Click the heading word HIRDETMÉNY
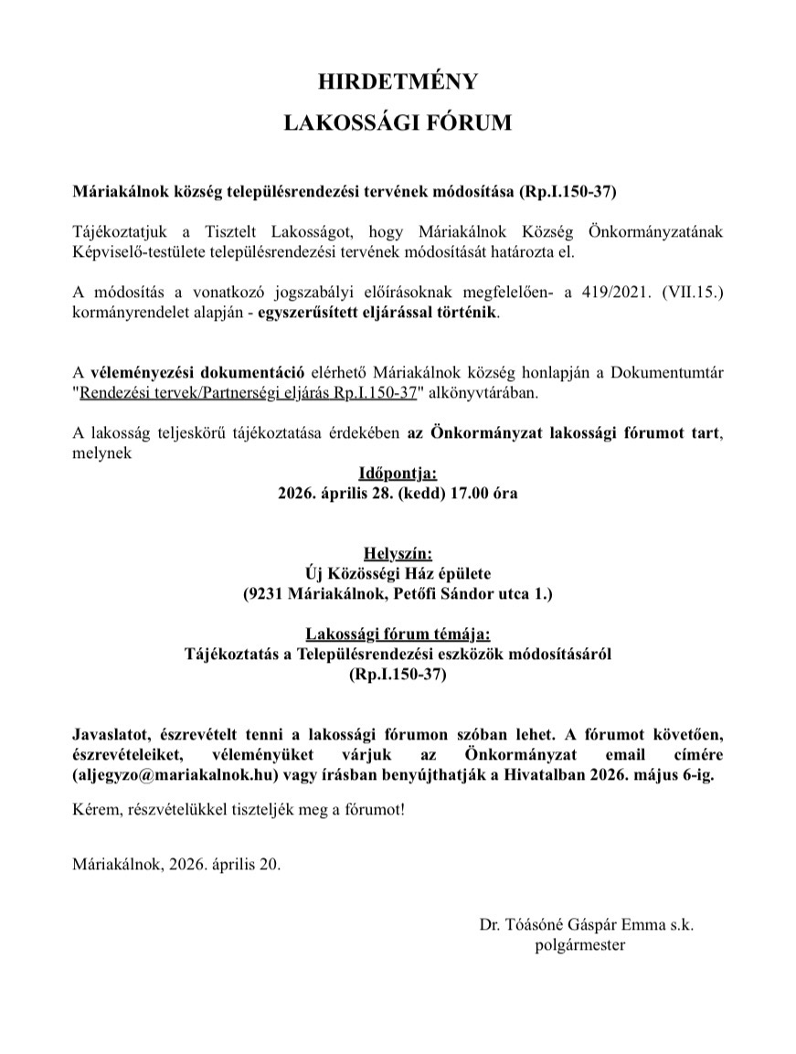point(398,82)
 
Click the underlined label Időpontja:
point(398,474)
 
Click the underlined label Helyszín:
point(398,554)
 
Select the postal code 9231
point(266,594)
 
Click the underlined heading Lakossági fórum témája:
point(398,634)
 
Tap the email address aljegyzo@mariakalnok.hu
point(165,774)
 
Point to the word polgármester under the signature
point(580,945)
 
